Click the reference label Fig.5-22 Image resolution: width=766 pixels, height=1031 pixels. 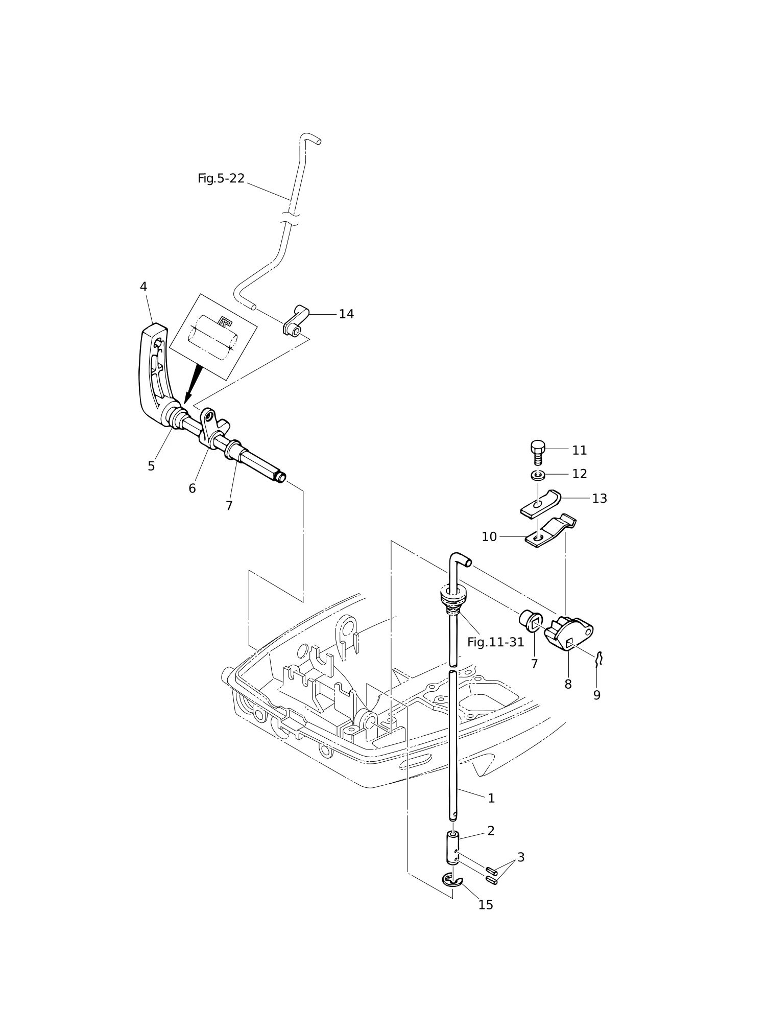(221, 178)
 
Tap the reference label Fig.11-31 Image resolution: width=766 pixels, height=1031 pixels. (495, 642)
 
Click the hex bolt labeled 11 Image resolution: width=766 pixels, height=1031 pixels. (538, 452)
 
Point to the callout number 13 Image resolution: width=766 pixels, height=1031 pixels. (600, 499)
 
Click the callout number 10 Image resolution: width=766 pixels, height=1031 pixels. (489, 537)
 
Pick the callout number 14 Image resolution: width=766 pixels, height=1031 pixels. (346, 314)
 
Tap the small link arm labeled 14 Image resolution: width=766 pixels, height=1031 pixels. (296, 321)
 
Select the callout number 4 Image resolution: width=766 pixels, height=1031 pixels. (143, 287)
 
